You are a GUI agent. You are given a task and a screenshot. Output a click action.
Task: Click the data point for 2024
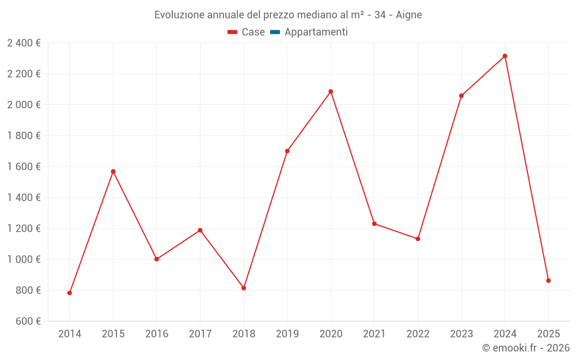[x=505, y=56]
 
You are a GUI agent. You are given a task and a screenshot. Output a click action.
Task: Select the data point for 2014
[x=70, y=293]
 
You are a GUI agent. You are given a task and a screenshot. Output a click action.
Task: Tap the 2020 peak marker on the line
[x=331, y=92]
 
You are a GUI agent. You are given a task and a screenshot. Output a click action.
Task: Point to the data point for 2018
[x=244, y=288]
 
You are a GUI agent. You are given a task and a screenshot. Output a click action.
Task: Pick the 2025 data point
[x=548, y=281]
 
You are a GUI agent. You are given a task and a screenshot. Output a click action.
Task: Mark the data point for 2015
[x=113, y=172]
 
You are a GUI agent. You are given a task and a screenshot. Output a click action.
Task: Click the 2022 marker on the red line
[x=418, y=238]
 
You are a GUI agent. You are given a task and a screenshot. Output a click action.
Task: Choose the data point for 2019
[x=287, y=151]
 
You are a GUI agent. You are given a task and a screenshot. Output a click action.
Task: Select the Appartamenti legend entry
[x=316, y=32]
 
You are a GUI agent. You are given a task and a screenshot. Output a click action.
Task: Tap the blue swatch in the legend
[x=275, y=32]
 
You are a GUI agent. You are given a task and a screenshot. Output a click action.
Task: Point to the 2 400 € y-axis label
[x=24, y=43]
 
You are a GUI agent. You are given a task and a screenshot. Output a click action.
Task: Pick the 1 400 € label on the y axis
[x=24, y=198]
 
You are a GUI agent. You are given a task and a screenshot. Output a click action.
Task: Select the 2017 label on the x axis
[x=200, y=334]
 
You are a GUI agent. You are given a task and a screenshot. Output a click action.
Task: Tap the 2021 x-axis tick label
[x=374, y=334]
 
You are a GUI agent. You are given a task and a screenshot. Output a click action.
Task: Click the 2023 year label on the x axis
[x=461, y=334]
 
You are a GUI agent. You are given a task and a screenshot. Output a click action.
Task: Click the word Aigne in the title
[x=408, y=15]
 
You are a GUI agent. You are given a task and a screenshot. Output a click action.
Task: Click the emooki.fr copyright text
[x=525, y=348]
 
